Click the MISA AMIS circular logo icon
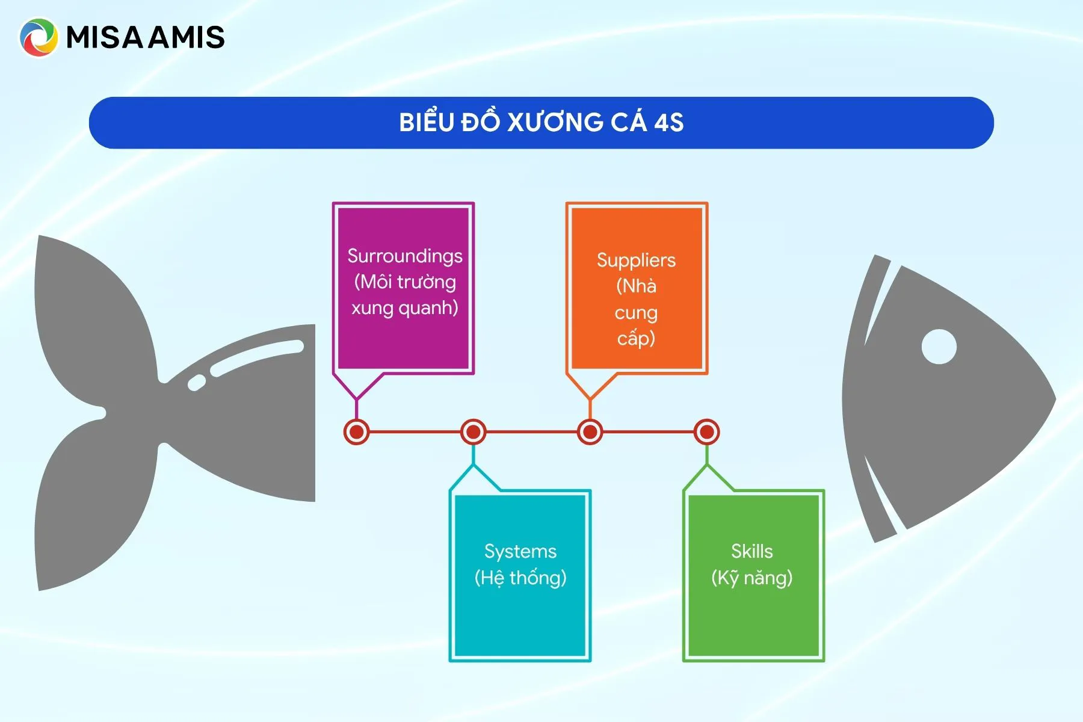(39, 37)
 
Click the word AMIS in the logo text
(187, 37)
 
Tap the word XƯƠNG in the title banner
(555, 122)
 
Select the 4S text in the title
(668, 123)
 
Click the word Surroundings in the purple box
(405, 256)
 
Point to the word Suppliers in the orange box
(636, 260)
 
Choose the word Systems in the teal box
(520, 551)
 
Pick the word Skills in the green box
(752, 551)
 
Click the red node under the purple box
(356, 432)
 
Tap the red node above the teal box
(474, 432)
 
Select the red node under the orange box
(590, 432)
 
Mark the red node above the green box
(706, 432)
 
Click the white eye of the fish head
(939, 347)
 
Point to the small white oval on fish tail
(197, 383)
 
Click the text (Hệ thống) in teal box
(520, 578)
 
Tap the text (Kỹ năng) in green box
(752, 578)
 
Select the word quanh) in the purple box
(428, 308)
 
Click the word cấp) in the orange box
(636, 338)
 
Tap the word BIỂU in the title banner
(426, 122)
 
